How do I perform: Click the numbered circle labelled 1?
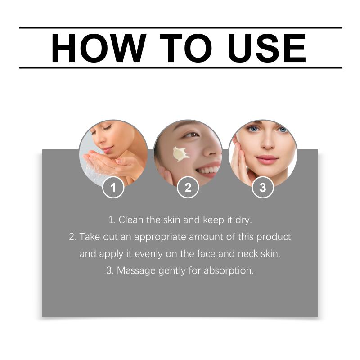pos(113,188)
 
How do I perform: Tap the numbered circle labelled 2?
pos(188,188)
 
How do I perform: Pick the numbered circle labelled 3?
pos(263,188)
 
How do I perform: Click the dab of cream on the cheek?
pos(180,154)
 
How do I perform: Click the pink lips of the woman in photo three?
pos(267,159)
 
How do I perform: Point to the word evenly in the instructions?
pos(148,254)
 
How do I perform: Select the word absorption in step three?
pos(229,271)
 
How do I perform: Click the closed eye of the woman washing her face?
pos(107,128)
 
